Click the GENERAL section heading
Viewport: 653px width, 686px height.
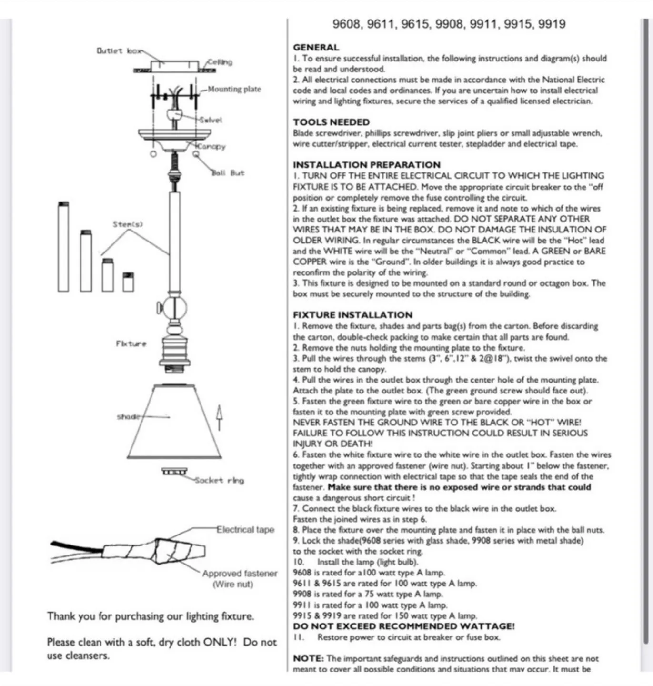(x=316, y=48)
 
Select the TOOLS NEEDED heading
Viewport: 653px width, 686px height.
(x=331, y=122)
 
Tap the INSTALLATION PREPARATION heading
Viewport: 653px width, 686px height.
(x=366, y=165)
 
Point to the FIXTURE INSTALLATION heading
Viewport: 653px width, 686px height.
(x=352, y=315)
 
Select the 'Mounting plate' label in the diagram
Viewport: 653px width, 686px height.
(x=234, y=89)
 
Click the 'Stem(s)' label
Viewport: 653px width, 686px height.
(x=128, y=224)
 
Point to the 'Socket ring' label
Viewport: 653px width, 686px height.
(x=220, y=480)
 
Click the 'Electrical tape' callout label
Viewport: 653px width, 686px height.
(x=245, y=530)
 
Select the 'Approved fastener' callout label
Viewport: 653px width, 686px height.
(x=240, y=574)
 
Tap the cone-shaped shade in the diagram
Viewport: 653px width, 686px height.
(x=174, y=422)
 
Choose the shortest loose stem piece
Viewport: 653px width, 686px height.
(x=128, y=282)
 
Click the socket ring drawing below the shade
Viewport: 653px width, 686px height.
(x=174, y=472)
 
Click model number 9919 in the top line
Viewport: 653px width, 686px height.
(x=552, y=24)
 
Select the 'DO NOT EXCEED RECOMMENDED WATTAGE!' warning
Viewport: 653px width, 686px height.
(x=403, y=626)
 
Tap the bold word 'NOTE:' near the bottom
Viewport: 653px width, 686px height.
(x=308, y=659)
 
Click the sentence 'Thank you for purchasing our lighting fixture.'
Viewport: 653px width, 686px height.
(x=150, y=616)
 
